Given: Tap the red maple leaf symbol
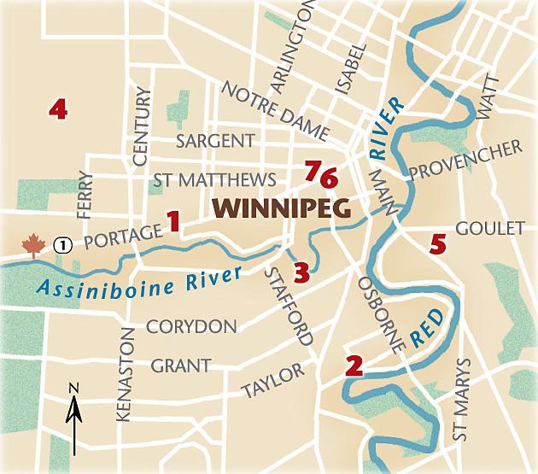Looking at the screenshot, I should click(32, 246).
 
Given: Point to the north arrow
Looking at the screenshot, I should click(75, 418).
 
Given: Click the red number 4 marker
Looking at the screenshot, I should click(58, 108).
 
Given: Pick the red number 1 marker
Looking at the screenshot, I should click(173, 222).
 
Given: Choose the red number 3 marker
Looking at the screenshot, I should click(301, 272).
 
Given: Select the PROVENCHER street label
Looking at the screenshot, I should click(465, 161).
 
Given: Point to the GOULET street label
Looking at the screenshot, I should click(489, 228).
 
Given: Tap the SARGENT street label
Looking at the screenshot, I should click(215, 141).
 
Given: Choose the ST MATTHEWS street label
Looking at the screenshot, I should click(214, 180).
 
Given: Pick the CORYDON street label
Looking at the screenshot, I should click(191, 326).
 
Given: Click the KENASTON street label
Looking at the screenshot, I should click(126, 374).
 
